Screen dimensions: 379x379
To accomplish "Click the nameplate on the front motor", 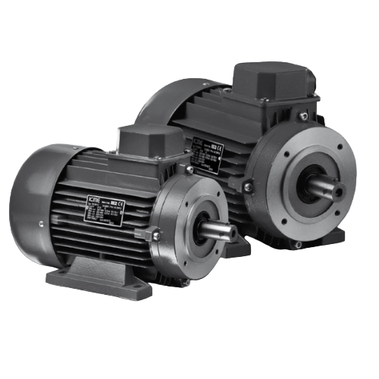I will pos(105,208).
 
